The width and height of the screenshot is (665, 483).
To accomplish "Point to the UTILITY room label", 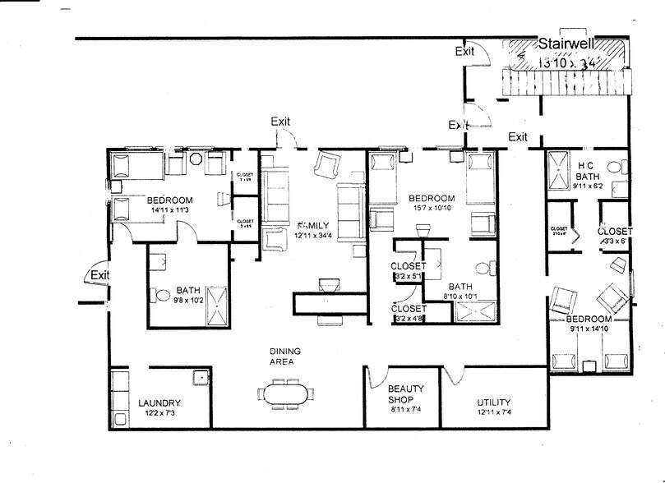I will [x=494, y=402].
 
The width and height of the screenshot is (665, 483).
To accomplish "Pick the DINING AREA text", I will [x=284, y=356].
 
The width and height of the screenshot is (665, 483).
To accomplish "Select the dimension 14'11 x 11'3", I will [x=170, y=210].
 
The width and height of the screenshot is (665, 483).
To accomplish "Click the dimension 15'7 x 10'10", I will [x=432, y=209].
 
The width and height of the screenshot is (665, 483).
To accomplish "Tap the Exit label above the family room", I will [x=280, y=122].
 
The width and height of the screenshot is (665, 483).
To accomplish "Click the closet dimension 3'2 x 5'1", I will [x=409, y=277].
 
